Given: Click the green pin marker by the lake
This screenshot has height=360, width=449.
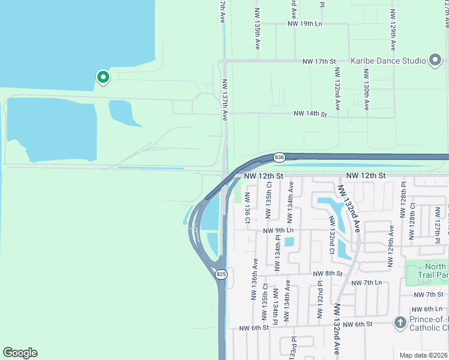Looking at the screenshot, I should pos(103,77).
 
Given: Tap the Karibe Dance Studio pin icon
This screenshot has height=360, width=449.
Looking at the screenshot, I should pos(436,60).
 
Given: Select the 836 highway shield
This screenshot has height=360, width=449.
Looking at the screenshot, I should pos(279,157).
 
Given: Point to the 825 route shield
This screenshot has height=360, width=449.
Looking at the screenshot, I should pos(221,274).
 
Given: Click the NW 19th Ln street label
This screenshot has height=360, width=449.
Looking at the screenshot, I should pos(305,24).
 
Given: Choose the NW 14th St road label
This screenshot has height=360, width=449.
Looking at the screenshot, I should pos(310,113).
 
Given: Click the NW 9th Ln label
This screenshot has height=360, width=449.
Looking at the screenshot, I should pos(277,230).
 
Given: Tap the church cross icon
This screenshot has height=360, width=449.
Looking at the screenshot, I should pos(400,323).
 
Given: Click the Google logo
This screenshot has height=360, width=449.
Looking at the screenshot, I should pos(20,353).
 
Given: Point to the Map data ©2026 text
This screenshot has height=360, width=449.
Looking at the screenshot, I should pos(423,355).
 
